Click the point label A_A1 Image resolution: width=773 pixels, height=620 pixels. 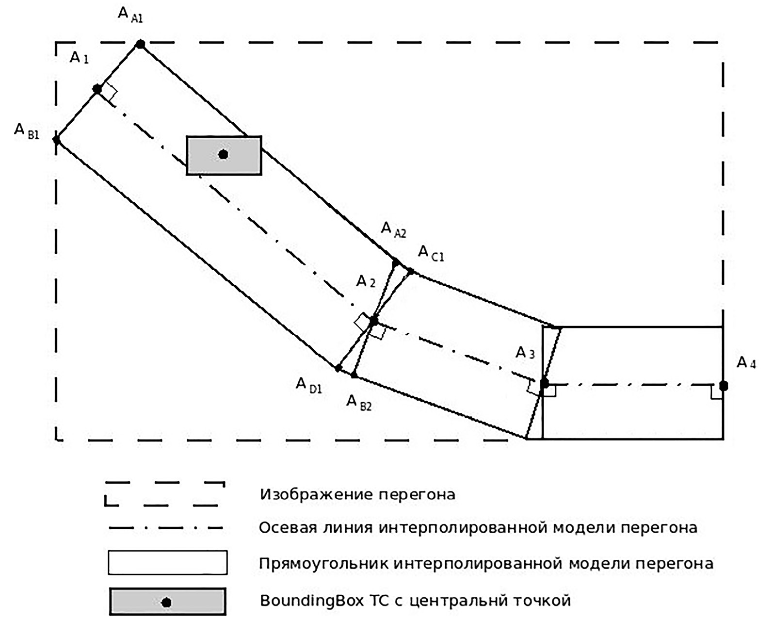[x=130, y=15]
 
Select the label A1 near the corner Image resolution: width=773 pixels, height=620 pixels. [x=79, y=58]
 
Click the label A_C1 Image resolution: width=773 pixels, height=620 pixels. [x=431, y=253]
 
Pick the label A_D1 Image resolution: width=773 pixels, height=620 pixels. [x=309, y=385]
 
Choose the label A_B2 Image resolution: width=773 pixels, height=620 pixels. [x=358, y=403]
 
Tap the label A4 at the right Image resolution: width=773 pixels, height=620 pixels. [x=746, y=363]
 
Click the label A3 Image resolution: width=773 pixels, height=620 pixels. [x=525, y=353]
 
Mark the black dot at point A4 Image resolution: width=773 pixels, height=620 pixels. [x=724, y=386]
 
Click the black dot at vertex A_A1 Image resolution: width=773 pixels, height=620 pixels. [x=140, y=44]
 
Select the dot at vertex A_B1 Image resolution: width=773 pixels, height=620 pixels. [x=56, y=140]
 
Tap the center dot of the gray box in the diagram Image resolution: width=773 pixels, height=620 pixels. [x=223, y=154]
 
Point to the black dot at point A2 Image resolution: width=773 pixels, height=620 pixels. [x=373, y=321]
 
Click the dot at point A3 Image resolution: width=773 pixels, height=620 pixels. [x=544, y=383]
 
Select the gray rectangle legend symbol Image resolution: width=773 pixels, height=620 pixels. [x=167, y=602]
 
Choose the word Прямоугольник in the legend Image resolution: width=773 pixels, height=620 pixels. [x=323, y=564]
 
